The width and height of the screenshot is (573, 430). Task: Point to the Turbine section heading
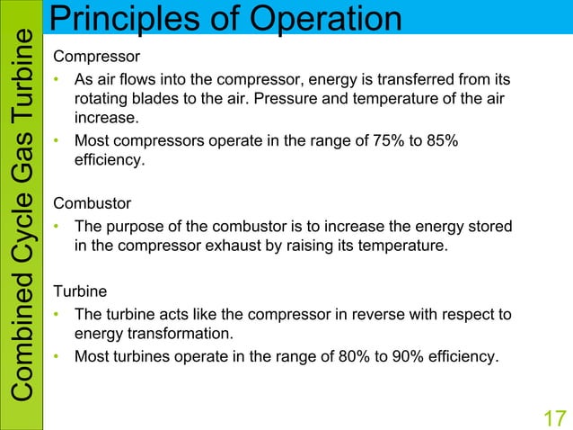pos(78,291)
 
